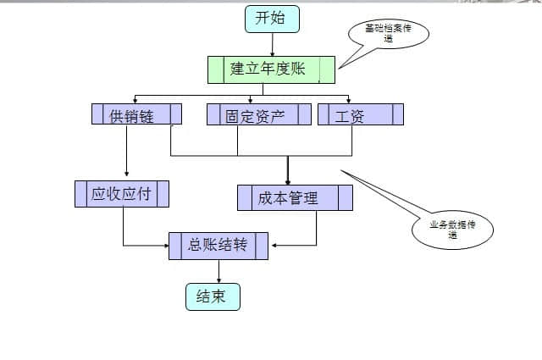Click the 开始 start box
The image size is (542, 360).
point(271,19)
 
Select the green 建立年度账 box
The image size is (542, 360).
point(270,69)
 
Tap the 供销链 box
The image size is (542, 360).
point(135,114)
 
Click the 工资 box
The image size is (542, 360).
point(360,114)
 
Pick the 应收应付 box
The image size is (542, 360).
point(121,194)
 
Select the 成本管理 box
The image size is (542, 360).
point(294,197)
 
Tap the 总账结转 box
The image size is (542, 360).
point(218,246)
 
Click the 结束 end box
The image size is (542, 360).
point(213,296)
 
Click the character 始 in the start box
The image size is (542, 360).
point(280,19)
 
